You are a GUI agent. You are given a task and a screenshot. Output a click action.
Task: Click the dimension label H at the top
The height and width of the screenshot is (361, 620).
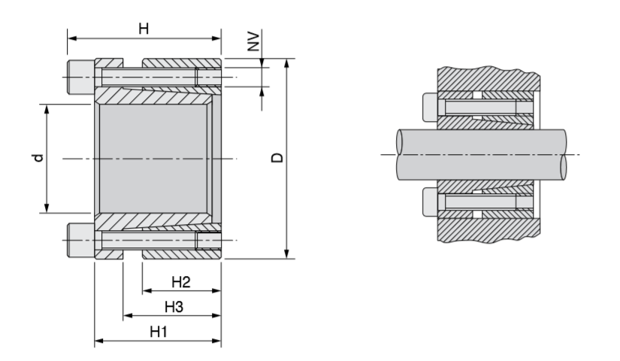143,28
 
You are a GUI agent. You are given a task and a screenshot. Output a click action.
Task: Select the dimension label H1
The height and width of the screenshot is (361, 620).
157,332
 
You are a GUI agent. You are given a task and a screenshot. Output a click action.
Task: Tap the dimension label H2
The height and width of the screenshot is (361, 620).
180,281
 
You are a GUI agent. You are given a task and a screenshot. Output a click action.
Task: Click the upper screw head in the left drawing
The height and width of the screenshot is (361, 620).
80,76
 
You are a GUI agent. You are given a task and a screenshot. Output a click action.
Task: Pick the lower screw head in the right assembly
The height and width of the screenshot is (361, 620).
430,201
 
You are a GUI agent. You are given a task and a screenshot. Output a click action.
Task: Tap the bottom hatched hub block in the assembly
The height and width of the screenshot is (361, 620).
488,230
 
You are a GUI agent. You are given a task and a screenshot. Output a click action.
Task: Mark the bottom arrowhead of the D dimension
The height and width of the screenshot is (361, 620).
287,255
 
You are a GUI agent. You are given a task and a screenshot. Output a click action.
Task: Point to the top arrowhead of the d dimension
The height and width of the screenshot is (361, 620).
47,108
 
